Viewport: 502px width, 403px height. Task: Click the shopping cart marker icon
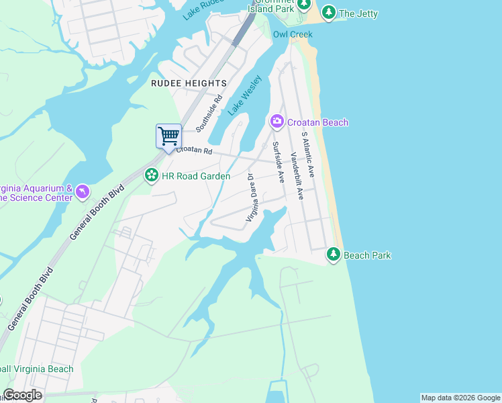[x=168, y=136]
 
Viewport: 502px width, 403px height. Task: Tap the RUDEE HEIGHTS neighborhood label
[x=189, y=83]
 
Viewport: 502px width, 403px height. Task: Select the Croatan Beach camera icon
[x=277, y=122]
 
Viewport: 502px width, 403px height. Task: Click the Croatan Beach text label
[x=317, y=122]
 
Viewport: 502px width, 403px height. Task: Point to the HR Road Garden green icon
[x=152, y=176]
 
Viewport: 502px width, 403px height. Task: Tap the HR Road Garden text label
[x=196, y=176]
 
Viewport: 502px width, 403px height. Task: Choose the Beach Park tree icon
[x=334, y=255]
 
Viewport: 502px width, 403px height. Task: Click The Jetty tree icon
[x=328, y=13]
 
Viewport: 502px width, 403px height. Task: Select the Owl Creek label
[x=293, y=34]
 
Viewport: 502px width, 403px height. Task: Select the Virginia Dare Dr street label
[x=251, y=198]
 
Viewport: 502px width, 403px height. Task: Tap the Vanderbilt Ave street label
[x=297, y=177]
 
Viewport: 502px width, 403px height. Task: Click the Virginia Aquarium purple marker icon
[x=82, y=193]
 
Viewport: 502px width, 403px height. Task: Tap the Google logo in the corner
[x=22, y=395]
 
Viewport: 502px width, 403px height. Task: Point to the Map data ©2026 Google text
[x=460, y=398]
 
